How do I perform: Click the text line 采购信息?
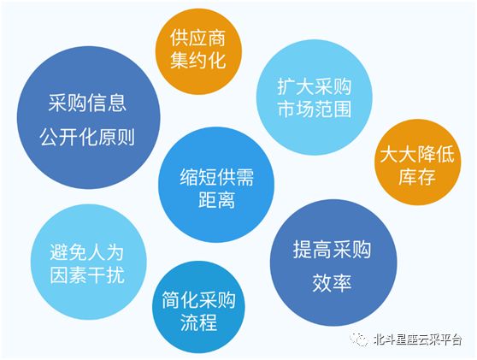click(87, 103)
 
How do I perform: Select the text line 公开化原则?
click(87, 137)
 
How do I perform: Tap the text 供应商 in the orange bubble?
click(198, 38)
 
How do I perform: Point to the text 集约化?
click(198, 59)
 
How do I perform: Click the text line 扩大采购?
click(315, 86)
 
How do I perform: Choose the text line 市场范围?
click(315, 109)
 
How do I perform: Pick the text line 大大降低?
click(417, 154)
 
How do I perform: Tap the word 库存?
click(417, 176)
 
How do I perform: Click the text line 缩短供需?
click(216, 177)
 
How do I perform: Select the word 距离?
click(216, 199)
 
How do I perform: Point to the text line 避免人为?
click(87, 252)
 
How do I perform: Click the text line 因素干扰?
click(87, 274)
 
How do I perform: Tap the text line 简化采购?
click(198, 300)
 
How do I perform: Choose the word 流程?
click(198, 322)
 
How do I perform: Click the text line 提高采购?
click(332, 250)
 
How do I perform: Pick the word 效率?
click(332, 283)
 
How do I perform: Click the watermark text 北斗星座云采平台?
click(418, 339)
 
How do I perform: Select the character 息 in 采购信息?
click(117, 103)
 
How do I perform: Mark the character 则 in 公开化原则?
click(126, 137)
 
